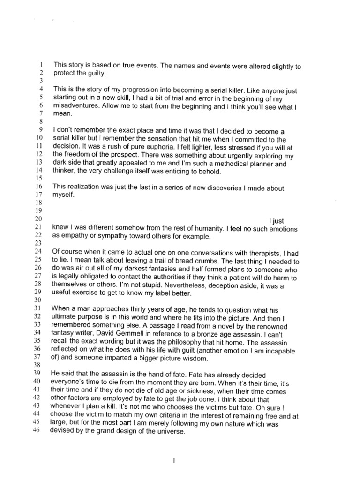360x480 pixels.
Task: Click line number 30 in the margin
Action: click(39, 300)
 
